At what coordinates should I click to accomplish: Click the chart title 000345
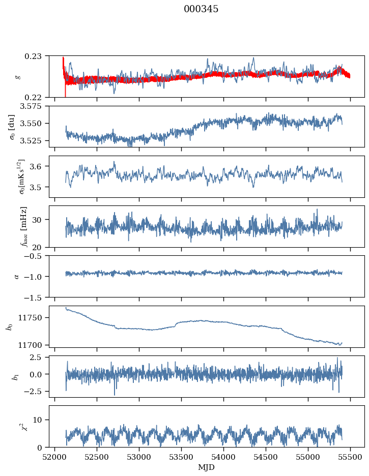(x=201, y=9)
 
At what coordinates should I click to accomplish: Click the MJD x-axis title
(x=207, y=467)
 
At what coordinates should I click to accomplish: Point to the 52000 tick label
(x=55, y=457)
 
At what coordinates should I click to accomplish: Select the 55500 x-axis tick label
(x=350, y=457)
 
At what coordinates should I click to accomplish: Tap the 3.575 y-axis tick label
(x=33, y=106)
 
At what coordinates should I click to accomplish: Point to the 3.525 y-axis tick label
(x=33, y=140)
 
